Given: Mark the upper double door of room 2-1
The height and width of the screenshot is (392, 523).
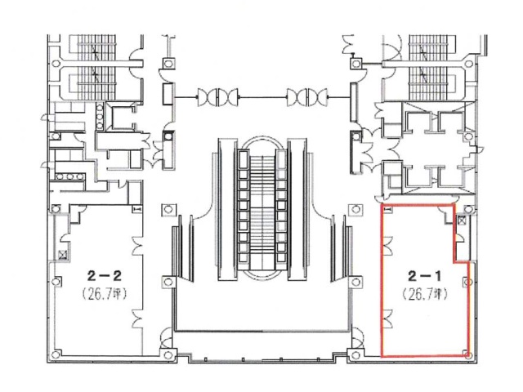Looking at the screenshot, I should pyautogui.click(x=387, y=243).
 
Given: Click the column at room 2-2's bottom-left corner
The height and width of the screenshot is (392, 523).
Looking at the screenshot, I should pyautogui.click(x=56, y=354).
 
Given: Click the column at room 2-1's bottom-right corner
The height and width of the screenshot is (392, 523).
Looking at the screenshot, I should pyautogui.click(x=467, y=354).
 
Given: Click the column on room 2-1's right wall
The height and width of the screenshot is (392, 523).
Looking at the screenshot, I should pyautogui.click(x=467, y=281).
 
